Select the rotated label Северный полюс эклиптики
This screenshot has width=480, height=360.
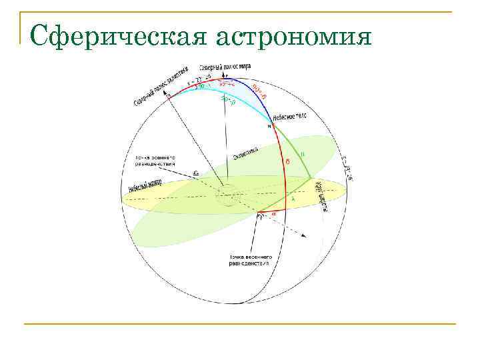[166, 84]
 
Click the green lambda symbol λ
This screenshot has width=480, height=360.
[291, 199]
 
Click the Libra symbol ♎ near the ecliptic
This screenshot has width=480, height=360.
[195, 174]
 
